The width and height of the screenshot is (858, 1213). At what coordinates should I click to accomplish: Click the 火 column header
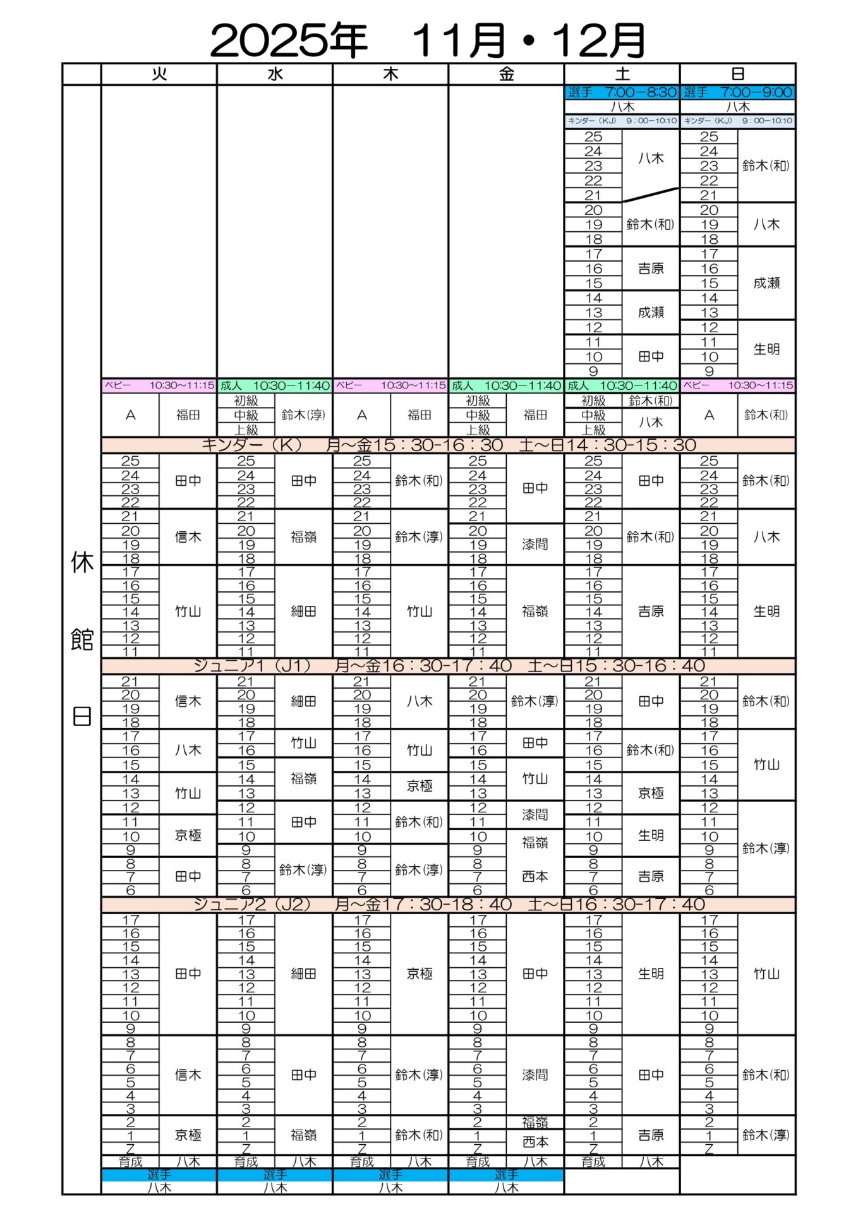[159, 75]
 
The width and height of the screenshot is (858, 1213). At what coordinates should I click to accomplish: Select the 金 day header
[506, 75]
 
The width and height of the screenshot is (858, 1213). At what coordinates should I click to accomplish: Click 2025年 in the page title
[288, 40]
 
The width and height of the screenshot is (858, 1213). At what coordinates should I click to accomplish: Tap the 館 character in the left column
[82, 639]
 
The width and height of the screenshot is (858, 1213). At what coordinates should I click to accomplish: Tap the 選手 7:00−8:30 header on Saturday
[622, 92]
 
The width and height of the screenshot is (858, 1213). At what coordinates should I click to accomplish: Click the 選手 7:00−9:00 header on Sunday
[737, 92]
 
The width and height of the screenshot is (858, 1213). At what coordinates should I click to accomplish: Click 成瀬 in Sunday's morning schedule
[766, 283]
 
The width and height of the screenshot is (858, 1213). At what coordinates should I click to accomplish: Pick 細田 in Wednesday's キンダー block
[303, 612]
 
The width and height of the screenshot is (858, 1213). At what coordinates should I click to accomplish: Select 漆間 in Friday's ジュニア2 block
[535, 1075]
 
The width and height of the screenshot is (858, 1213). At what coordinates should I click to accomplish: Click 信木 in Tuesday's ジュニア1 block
[188, 701]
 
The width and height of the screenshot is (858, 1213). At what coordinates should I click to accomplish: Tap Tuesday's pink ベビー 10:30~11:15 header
[159, 385]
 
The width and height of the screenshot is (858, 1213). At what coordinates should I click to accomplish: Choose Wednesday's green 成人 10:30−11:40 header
[275, 385]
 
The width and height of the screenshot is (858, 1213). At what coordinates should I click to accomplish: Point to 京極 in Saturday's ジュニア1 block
[651, 794]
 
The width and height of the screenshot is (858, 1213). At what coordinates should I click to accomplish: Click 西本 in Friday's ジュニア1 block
[535, 876]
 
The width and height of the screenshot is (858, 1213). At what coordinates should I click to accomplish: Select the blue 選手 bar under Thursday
[390, 1175]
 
